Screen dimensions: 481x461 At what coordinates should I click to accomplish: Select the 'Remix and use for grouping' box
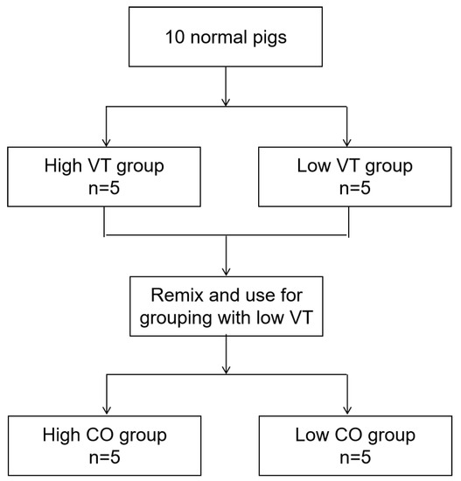point(227,307)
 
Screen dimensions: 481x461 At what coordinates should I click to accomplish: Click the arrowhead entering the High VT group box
point(105,142)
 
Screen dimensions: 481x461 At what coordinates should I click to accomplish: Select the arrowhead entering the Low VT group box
point(348,142)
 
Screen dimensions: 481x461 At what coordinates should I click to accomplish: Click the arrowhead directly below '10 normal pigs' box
point(227,102)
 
